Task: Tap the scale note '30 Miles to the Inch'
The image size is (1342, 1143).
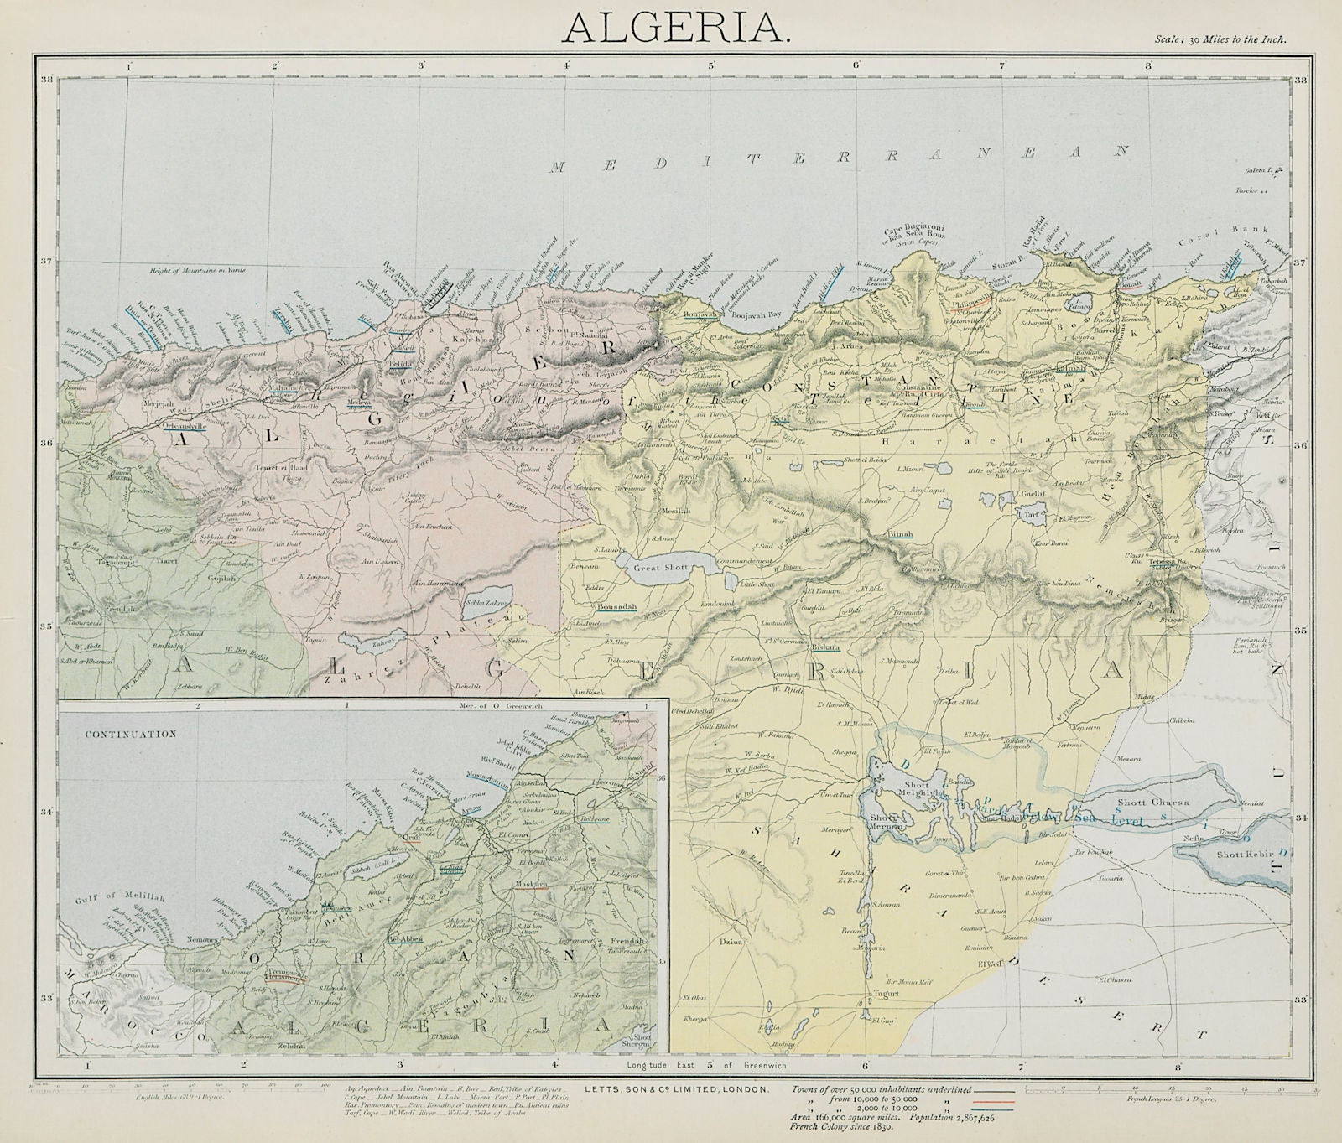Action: (1220, 39)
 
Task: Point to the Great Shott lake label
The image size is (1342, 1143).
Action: (660, 568)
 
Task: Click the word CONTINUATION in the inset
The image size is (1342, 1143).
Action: (129, 733)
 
